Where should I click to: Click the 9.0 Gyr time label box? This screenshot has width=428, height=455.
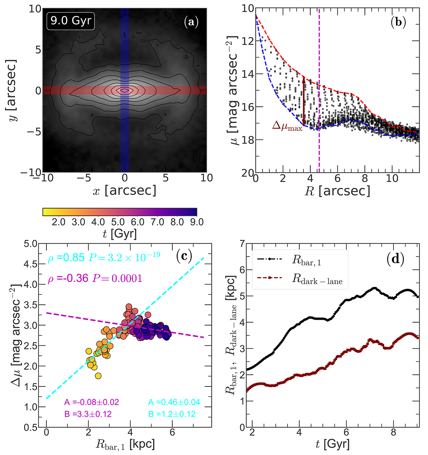[x=71, y=21]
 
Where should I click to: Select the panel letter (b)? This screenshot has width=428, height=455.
[x=397, y=22]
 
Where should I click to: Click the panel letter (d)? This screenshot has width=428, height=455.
[x=395, y=259]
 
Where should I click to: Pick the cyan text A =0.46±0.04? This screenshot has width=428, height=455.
[x=174, y=403]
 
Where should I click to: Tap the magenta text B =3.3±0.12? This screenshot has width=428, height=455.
[x=88, y=414]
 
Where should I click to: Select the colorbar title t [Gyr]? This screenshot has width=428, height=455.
[x=119, y=234]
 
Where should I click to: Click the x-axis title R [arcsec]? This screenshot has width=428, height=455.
[x=337, y=191]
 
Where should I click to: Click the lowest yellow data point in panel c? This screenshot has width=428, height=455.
[x=98, y=376]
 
